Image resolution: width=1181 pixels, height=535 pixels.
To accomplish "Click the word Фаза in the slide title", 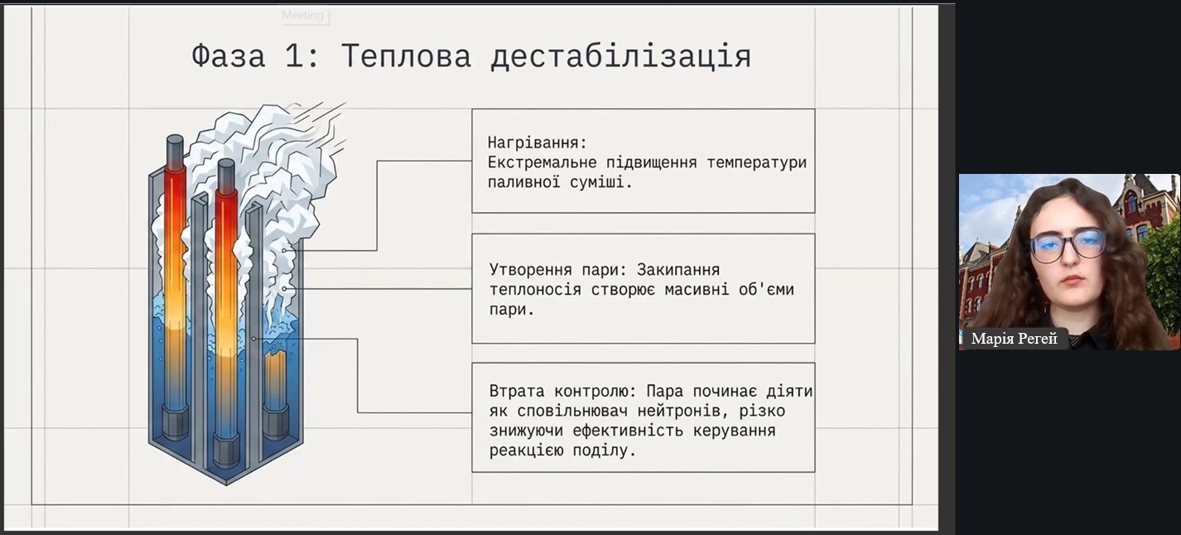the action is point(229,55).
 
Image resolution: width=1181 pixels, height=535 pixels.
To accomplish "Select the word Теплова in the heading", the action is point(406,55).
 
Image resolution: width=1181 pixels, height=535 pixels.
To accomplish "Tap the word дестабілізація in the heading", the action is point(620,55).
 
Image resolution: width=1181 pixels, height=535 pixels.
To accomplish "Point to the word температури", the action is point(757,162).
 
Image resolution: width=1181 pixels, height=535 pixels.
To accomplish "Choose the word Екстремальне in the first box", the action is point(542,162).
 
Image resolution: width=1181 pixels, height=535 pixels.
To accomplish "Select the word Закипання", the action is point(678,270).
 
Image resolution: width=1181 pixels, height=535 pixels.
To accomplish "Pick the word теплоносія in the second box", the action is point(535,289).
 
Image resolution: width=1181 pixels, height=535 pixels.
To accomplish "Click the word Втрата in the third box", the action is point(517,391).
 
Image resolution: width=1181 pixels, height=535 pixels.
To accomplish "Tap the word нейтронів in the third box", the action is point(683,411).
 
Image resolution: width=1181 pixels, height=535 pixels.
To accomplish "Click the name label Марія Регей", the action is point(1014,339).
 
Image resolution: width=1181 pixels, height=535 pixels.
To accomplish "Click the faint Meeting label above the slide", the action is point(302,15).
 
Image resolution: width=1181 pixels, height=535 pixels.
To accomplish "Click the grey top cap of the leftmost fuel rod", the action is point(175,152).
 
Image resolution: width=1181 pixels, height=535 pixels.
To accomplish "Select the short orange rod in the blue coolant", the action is point(275,377).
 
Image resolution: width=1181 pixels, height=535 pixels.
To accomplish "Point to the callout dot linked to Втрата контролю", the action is point(253,339).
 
